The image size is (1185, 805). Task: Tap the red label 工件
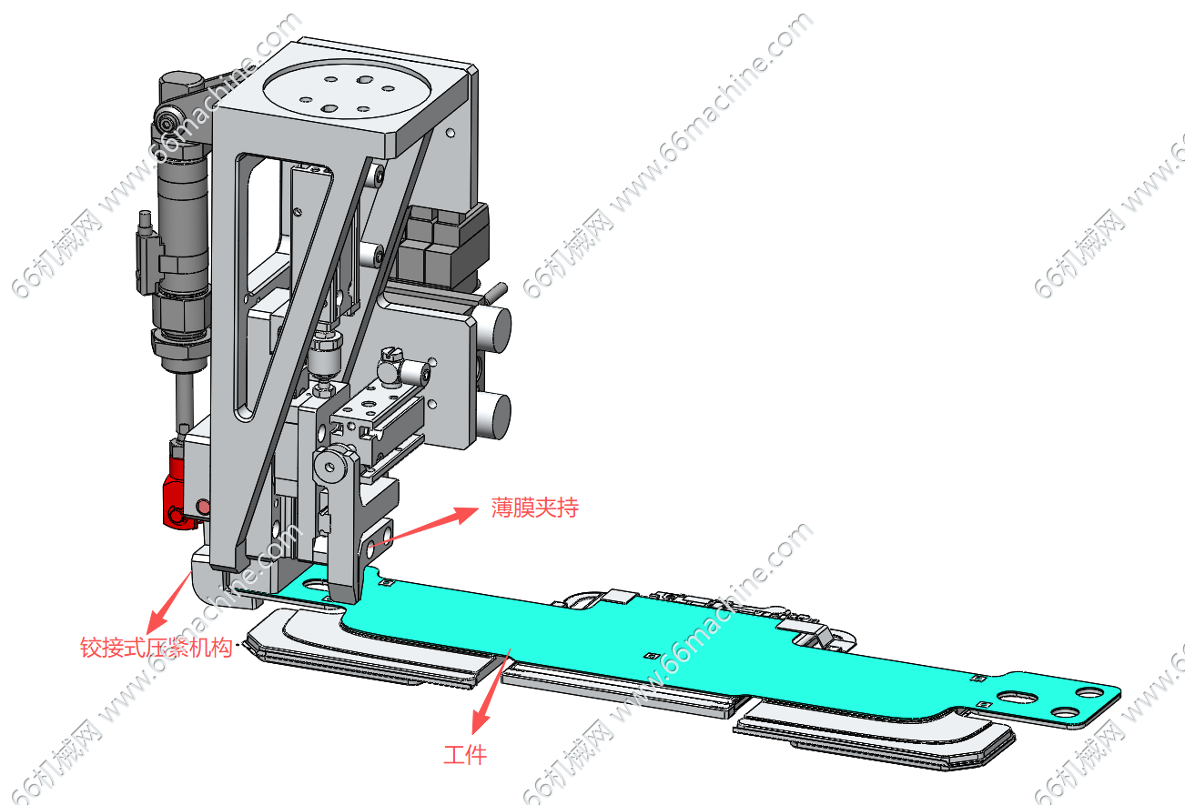tap(465, 754)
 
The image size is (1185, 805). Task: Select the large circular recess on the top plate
tap(345, 95)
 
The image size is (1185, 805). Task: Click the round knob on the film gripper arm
tap(329, 466)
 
